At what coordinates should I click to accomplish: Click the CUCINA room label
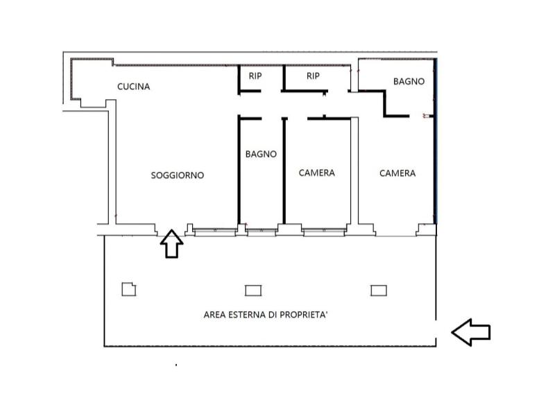click(x=133, y=87)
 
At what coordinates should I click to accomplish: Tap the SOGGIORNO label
click(x=178, y=175)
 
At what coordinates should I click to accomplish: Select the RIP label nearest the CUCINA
click(x=255, y=76)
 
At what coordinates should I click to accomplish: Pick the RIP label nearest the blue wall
click(x=313, y=76)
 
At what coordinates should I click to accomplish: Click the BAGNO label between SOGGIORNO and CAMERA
click(x=261, y=154)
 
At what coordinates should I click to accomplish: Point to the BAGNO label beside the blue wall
click(x=409, y=81)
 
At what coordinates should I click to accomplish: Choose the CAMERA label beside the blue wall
click(x=397, y=173)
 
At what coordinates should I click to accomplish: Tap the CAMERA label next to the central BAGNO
click(x=316, y=173)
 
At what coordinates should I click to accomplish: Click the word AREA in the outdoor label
click(x=214, y=315)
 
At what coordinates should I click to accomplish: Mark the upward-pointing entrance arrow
click(x=171, y=243)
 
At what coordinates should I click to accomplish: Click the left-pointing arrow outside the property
click(x=470, y=332)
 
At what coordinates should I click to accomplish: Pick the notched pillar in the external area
click(x=129, y=289)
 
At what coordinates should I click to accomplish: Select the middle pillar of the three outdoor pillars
click(x=253, y=291)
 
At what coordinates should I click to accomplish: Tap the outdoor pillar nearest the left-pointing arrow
click(x=379, y=291)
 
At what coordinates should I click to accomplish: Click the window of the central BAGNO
click(x=262, y=232)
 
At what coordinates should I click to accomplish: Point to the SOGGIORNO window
click(x=215, y=232)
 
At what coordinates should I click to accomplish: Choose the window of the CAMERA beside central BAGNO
click(x=324, y=232)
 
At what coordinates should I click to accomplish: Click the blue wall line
click(x=436, y=141)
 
